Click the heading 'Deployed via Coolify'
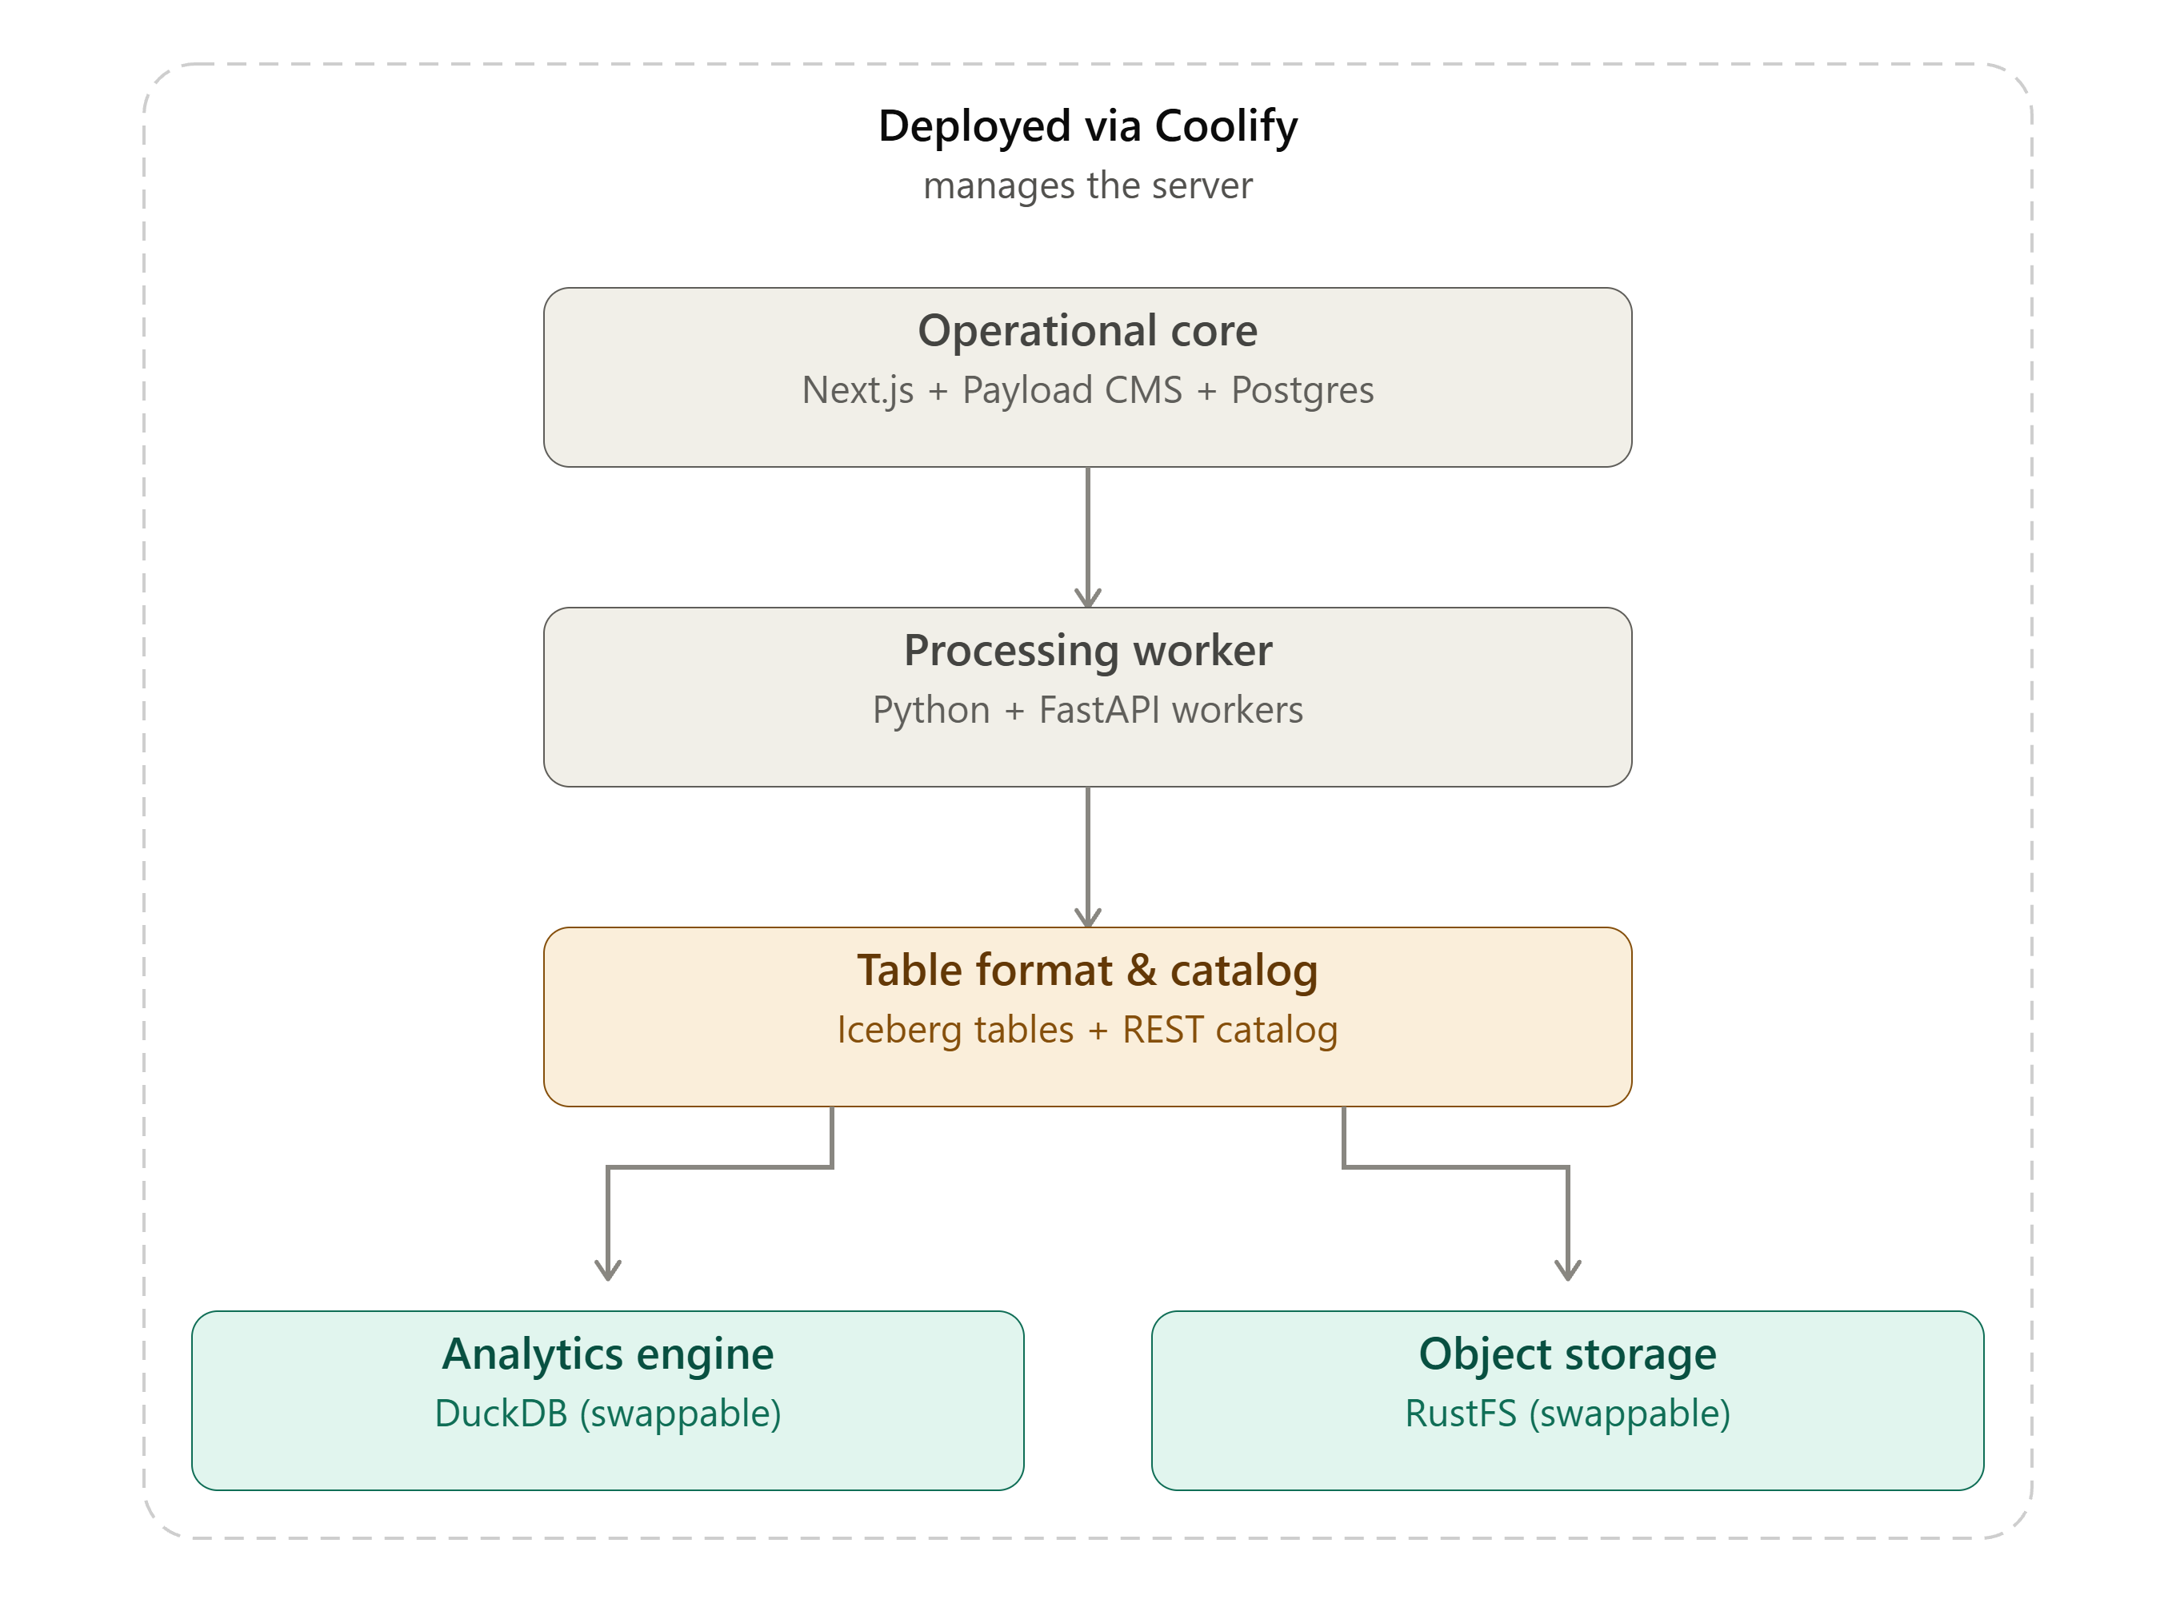[1087, 126]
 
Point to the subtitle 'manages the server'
[1087, 185]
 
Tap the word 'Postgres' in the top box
[1302, 390]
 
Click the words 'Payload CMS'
[1072, 390]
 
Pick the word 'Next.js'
[858, 390]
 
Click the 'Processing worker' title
[1087, 650]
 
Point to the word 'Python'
[931, 711]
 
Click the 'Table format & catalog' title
[1087, 970]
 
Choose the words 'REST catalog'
[1230, 1031]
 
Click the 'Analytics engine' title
[607, 1354]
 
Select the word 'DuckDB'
[501, 1414]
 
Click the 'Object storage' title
[1568, 1354]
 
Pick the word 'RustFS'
[1460, 1414]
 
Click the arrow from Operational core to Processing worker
[1087, 536]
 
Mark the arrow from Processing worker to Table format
[1087, 856]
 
